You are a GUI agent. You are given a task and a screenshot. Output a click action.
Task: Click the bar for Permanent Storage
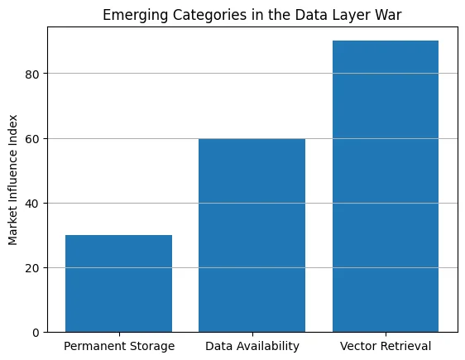click(x=118, y=284)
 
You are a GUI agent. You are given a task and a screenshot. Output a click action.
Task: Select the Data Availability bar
click(x=252, y=235)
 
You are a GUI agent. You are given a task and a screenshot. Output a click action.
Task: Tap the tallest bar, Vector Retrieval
click(x=386, y=186)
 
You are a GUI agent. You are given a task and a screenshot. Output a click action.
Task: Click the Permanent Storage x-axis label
click(x=118, y=346)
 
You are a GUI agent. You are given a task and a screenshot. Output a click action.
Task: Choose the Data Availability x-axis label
click(x=252, y=346)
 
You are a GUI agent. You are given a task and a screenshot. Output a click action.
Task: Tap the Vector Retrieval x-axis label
click(x=386, y=346)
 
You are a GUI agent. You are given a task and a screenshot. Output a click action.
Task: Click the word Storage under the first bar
click(x=151, y=346)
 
